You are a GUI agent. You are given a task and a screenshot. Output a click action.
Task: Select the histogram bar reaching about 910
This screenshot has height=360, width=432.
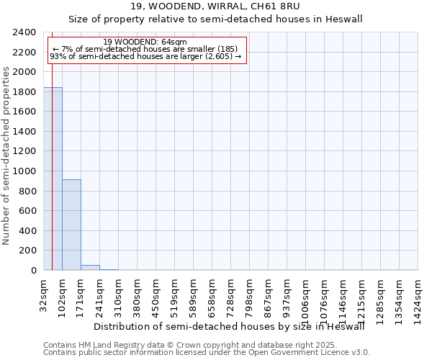click(x=71, y=225)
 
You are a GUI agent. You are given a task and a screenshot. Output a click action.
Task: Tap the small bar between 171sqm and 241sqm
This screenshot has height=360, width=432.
click(x=90, y=268)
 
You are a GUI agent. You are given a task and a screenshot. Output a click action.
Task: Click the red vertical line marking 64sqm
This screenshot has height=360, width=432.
click(x=52, y=180)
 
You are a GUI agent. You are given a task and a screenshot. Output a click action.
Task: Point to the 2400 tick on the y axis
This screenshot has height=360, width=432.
click(x=26, y=32)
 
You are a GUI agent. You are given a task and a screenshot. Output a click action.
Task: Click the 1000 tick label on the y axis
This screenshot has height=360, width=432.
click(x=26, y=171)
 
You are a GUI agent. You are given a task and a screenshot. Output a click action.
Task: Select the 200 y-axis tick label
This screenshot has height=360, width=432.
click(x=29, y=251)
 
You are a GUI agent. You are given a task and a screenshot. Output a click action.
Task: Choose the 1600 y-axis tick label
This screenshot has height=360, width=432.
click(x=26, y=112)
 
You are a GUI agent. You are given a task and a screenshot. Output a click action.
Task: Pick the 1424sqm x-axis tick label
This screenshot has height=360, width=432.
click(x=418, y=294)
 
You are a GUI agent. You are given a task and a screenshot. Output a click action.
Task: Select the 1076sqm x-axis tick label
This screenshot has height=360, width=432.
click(x=325, y=294)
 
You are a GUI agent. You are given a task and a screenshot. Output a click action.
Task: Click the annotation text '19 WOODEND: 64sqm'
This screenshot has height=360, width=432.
click(x=145, y=42)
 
